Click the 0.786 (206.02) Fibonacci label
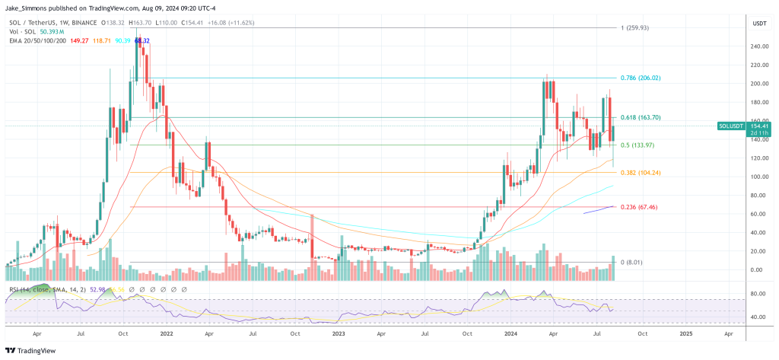coord(641,78)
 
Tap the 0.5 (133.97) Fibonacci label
coord(638,145)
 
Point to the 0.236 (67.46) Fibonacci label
coord(640,206)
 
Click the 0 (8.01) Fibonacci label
coord(632,262)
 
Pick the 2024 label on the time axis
coord(509,333)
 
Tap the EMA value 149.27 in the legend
coord(78,40)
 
